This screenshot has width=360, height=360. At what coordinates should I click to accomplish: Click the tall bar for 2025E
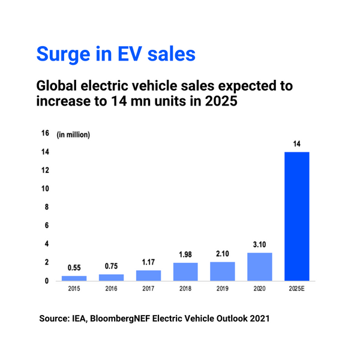[297, 216]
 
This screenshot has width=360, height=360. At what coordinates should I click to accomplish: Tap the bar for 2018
[185, 272]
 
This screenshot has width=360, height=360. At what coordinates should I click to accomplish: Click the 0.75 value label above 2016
[111, 267]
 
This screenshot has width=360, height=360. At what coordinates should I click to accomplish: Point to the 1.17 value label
[148, 263]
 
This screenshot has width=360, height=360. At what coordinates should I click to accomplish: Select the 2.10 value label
[223, 254]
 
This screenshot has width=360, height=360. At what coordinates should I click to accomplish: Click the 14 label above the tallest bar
[297, 144]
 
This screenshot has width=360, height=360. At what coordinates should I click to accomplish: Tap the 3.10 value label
[260, 245]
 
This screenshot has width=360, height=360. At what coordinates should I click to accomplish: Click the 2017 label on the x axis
[148, 289]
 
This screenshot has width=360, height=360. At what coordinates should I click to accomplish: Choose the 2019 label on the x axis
[223, 289]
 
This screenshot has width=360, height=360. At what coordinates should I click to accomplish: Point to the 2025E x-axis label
[297, 289]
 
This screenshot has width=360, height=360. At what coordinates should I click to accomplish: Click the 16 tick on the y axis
[45, 133]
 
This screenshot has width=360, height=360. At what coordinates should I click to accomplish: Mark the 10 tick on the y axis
[45, 188]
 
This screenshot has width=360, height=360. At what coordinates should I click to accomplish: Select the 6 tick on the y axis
[46, 226]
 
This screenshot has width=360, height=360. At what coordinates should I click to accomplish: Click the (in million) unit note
[73, 135]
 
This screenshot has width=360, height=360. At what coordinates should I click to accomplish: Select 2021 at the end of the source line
[259, 319]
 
